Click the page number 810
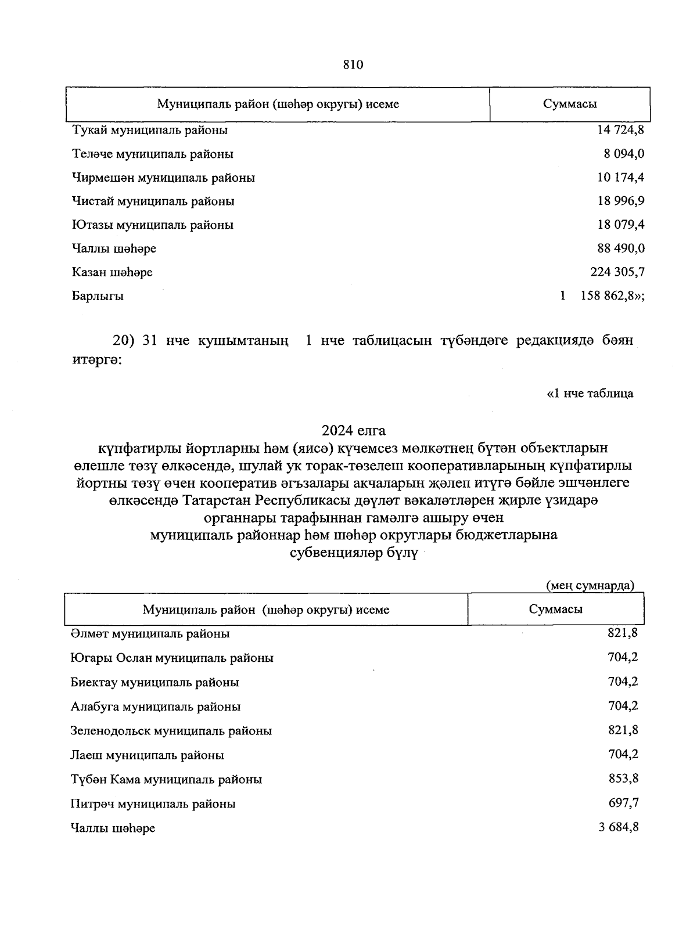[x=353, y=65]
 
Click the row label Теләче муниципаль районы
[x=153, y=154]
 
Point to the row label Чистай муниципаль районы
[x=153, y=201]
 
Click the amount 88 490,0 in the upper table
[x=620, y=248]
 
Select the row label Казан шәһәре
[x=113, y=272]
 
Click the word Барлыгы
[x=98, y=296]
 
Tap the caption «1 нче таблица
[x=590, y=394]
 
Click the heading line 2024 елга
[x=354, y=431]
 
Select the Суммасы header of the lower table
[x=556, y=610]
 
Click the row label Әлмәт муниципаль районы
[x=150, y=634]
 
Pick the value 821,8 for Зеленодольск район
[x=623, y=730]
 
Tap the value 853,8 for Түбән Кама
[x=623, y=779]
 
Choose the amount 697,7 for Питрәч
[x=623, y=803]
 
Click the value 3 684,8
[x=619, y=827]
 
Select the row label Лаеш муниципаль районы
[x=148, y=755]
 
